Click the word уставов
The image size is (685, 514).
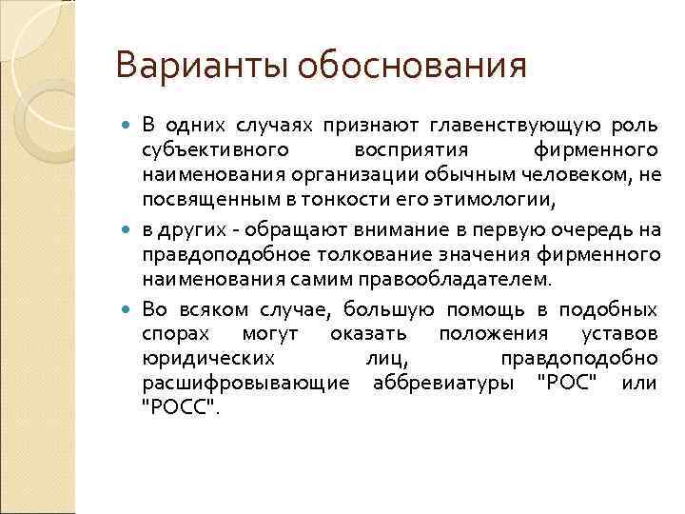tap(620, 335)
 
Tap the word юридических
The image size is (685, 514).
tap(209, 360)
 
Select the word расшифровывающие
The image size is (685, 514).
tap(243, 385)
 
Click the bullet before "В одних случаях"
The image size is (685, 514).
tap(129, 126)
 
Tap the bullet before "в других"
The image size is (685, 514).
tap(129, 232)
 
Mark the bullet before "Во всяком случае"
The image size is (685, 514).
tap(129, 311)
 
